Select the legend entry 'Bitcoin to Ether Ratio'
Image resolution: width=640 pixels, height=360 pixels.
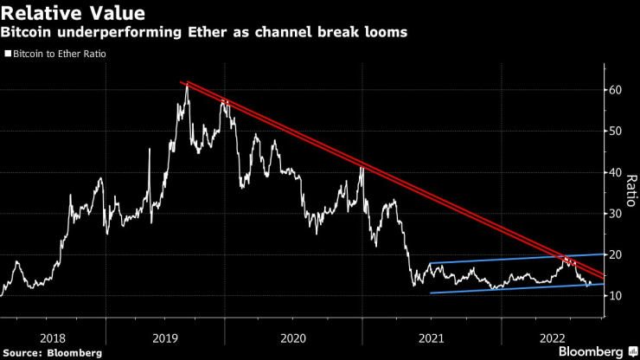61,54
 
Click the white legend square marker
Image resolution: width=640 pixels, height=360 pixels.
8,54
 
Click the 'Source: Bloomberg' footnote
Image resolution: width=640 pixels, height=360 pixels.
52,352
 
